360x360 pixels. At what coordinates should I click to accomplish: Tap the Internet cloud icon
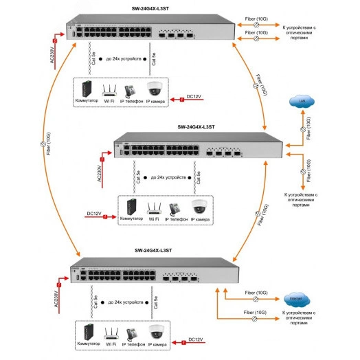(x=297, y=300)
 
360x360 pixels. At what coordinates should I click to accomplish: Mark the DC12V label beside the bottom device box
(x=196, y=339)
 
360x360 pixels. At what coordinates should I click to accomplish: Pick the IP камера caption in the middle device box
(x=201, y=218)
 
